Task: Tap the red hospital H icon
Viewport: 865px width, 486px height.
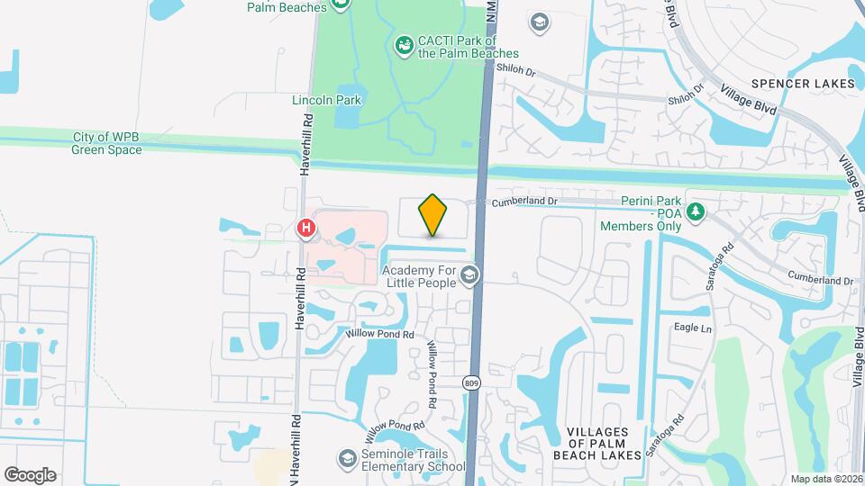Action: coord(306,229)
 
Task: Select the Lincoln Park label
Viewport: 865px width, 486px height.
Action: coord(326,100)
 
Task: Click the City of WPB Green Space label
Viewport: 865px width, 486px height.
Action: coord(107,143)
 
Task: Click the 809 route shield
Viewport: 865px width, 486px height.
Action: coord(471,383)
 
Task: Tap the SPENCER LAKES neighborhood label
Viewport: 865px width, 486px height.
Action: coord(803,84)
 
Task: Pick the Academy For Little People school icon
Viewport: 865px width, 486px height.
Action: coord(469,274)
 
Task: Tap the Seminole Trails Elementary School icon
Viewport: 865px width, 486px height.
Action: coord(346,459)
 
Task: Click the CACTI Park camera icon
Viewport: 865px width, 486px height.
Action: coord(405,43)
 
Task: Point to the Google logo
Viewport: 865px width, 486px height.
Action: coord(30,474)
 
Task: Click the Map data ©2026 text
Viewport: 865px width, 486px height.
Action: coord(825,478)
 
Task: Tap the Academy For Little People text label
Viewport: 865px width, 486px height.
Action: coord(421,275)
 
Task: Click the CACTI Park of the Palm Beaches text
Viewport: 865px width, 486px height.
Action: coord(457,47)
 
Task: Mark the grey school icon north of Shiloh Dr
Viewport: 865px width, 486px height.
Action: coord(539,22)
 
